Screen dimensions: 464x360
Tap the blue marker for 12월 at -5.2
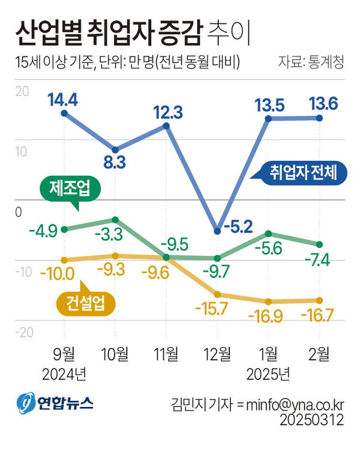click(x=217, y=230)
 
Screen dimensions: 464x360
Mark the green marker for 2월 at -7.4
click(x=320, y=244)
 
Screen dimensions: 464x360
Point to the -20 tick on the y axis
click(x=20, y=333)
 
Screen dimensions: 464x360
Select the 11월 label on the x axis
click(x=166, y=354)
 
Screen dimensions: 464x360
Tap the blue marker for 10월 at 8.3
click(x=115, y=149)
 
